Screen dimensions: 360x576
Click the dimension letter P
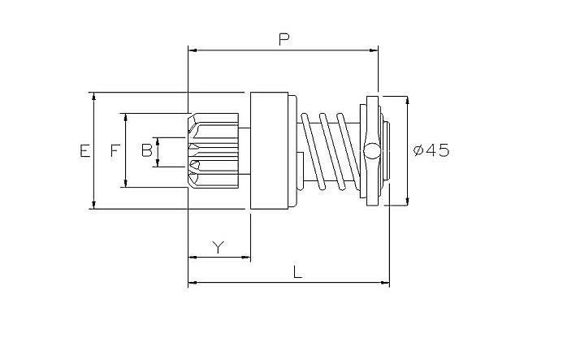click(284, 40)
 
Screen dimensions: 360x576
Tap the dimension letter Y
click(218, 246)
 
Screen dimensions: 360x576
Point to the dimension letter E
click(84, 150)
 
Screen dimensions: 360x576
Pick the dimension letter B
click(146, 150)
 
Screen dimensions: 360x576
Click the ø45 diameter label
click(431, 150)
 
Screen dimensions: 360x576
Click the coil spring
click(329, 150)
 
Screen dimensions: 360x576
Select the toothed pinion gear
click(214, 150)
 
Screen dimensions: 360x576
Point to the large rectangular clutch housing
click(271, 150)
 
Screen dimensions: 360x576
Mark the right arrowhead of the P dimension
click(375, 50)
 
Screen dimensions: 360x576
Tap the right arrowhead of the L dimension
click(385, 284)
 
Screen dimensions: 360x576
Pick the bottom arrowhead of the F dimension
click(126, 184)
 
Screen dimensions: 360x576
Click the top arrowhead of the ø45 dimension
click(408, 100)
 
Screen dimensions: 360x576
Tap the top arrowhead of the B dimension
click(158, 140)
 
